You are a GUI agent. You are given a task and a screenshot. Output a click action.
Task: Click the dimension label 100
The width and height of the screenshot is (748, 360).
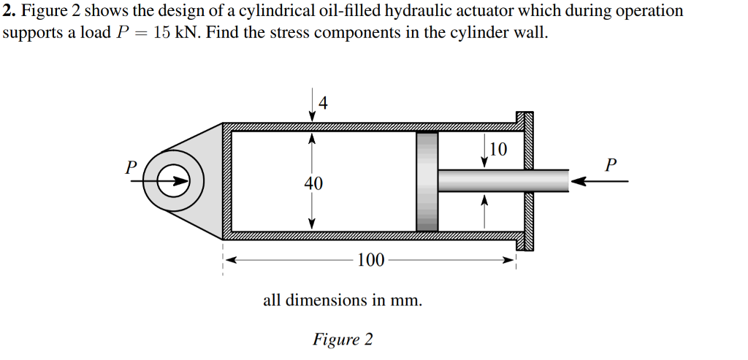(x=371, y=259)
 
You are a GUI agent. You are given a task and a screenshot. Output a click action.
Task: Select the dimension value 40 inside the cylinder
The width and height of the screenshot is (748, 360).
(x=313, y=183)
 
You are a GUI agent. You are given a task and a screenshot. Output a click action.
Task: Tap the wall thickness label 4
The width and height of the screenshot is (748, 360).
(x=324, y=103)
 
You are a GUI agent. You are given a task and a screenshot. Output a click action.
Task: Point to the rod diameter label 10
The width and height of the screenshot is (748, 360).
(x=497, y=150)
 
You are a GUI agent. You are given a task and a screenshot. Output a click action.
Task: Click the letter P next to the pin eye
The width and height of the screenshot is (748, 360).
(x=130, y=166)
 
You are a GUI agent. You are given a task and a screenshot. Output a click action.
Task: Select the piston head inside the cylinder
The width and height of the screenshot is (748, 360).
(x=427, y=181)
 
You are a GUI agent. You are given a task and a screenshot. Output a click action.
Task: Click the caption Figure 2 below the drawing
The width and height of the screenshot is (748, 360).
(x=343, y=340)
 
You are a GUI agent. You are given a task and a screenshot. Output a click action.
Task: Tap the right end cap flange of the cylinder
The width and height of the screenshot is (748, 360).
(x=525, y=181)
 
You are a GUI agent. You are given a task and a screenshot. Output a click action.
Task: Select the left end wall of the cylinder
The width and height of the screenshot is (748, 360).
(x=226, y=181)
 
